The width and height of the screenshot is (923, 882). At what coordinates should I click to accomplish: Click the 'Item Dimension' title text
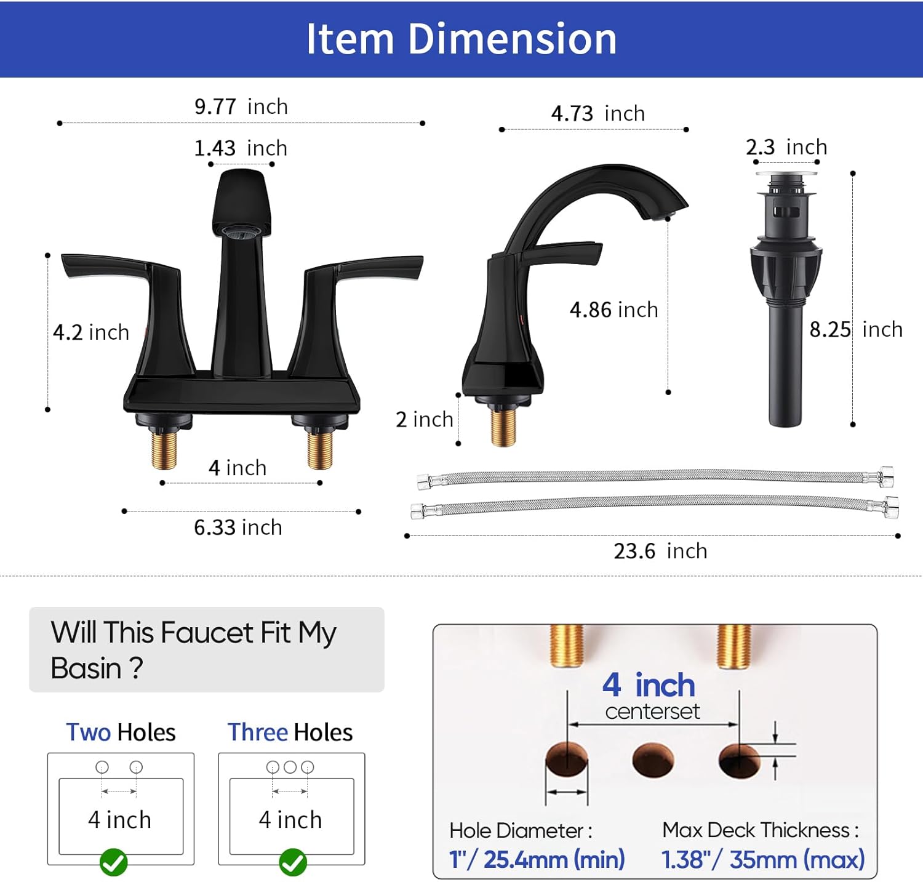coord(461,39)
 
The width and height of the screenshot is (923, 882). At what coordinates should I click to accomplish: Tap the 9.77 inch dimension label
coord(241,106)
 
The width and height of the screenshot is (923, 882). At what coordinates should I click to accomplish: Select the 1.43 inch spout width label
coord(241,148)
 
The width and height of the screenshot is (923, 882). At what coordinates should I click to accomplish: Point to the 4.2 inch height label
coord(91,332)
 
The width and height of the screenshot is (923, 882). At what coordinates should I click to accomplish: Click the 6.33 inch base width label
coord(238,527)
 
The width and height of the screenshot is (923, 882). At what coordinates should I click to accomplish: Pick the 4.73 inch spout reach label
coord(598,113)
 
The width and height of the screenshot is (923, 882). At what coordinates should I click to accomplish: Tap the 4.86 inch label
coord(614,310)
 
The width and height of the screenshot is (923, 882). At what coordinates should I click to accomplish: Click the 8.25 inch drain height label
coord(856,329)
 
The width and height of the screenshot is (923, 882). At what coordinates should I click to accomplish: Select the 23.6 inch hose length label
coord(660,551)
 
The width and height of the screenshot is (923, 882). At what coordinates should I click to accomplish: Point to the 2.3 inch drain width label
coord(786,147)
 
